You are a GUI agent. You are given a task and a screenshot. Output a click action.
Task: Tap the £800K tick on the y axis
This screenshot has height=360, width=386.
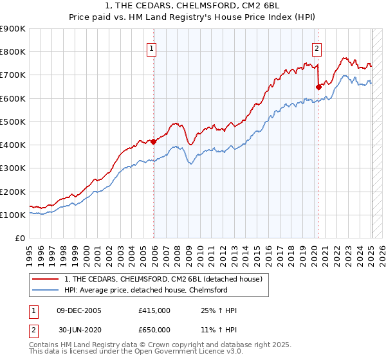coord(13,52)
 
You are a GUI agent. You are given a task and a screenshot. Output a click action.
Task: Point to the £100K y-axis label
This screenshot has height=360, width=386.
coord(13,215)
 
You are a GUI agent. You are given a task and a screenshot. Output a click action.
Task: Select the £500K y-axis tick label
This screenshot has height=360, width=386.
coord(13,122)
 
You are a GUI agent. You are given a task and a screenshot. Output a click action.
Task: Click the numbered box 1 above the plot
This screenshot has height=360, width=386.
coord(151,47)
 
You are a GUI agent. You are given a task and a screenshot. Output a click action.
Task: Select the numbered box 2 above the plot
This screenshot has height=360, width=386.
coord(317,47)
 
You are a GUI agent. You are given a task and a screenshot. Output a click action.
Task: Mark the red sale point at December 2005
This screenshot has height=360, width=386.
coord(153,141)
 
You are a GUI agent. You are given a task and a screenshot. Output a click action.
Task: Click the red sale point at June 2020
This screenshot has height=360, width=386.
coord(318,87)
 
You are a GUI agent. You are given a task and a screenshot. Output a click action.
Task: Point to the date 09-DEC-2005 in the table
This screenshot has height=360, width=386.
coord(79,310)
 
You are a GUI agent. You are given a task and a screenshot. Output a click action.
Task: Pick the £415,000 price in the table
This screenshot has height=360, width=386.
coord(154,310)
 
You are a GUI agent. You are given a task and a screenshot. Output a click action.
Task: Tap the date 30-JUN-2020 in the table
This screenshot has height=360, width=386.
coord(79,329)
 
